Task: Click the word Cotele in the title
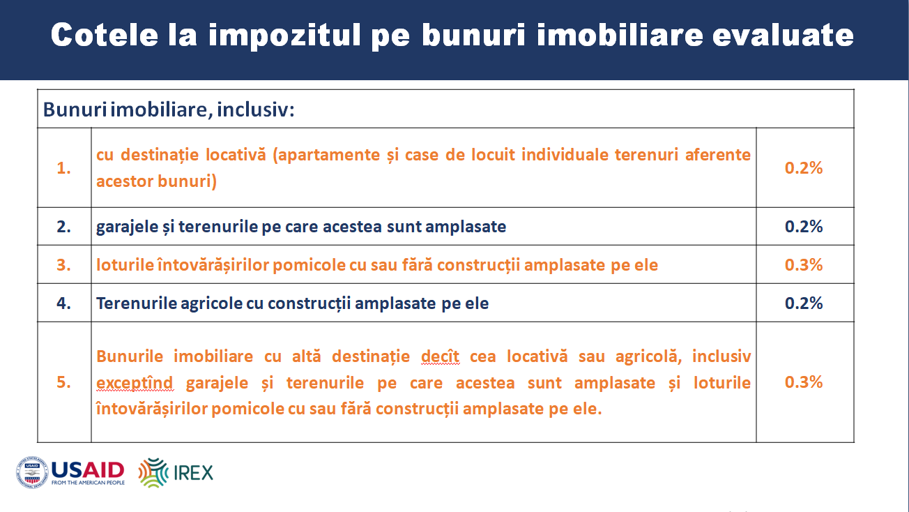105,35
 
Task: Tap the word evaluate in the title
784,35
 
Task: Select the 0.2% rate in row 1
804,167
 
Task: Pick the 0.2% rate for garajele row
804,226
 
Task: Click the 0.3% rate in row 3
804,265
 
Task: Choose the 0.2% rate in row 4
804,303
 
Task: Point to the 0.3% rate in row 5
804,382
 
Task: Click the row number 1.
63,167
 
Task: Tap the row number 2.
63,226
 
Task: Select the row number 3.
63,265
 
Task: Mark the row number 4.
63,303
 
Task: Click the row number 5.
63,382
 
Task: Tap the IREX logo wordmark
193,473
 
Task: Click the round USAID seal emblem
32,472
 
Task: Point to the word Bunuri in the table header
75,110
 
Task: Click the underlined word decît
441,356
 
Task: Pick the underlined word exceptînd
135,383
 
